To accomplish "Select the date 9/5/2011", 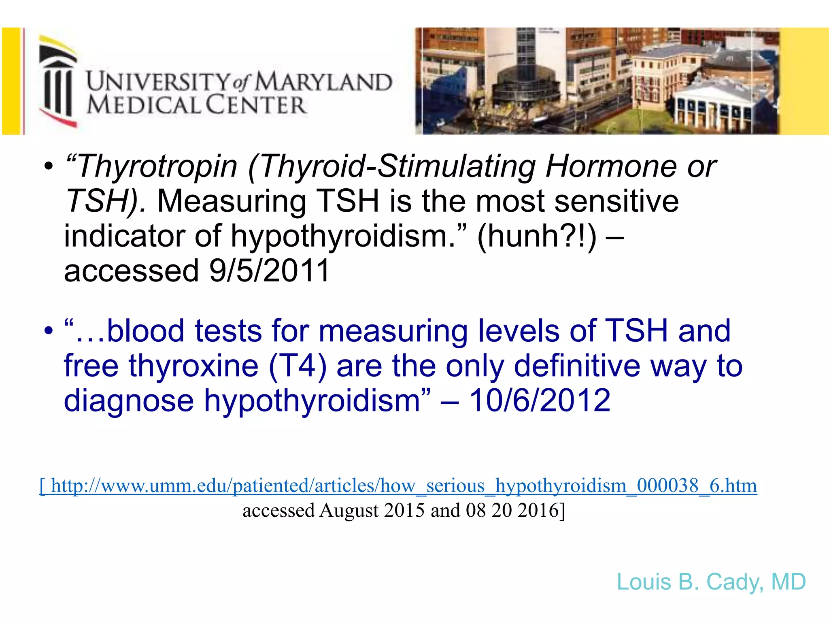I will click(270, 271).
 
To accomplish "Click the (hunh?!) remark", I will click(537, 236).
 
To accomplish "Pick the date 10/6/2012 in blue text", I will click(540, 400).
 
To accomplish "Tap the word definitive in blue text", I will click(577, 366).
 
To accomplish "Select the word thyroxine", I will click(193, 366).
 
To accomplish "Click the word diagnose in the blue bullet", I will click(129, 400).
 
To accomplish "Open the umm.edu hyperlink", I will click(398, 486).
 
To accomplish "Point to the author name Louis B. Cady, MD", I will click(711, 582).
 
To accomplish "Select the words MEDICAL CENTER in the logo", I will click(197, 105).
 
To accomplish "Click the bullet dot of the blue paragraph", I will click(49, 330).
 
